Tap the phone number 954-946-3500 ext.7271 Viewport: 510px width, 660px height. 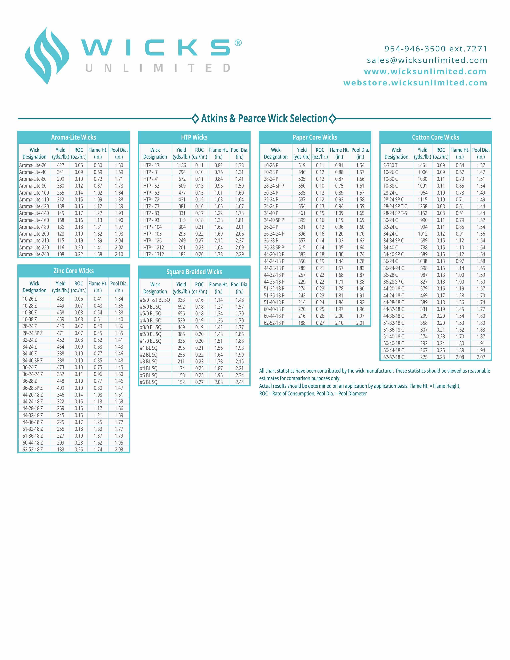pos(436,49)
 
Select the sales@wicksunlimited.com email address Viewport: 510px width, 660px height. pos(427,60)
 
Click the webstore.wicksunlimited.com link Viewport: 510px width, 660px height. pos(415,83)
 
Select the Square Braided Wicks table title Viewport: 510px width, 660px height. pos(194,272)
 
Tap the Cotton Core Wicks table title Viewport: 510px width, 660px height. pos(435,137)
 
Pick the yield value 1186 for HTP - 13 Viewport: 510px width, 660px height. pos(181,165)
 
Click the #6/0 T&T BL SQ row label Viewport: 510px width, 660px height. pos(155,300)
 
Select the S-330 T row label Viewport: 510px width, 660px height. pos(390,165)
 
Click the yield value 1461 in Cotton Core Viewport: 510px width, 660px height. pos(422,165)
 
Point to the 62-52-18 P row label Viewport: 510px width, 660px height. pos(274,323)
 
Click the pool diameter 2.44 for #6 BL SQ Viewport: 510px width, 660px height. pos(240,382)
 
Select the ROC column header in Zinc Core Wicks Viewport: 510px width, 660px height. pos(79,287)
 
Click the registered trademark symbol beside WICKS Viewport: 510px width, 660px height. pos(238,43)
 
